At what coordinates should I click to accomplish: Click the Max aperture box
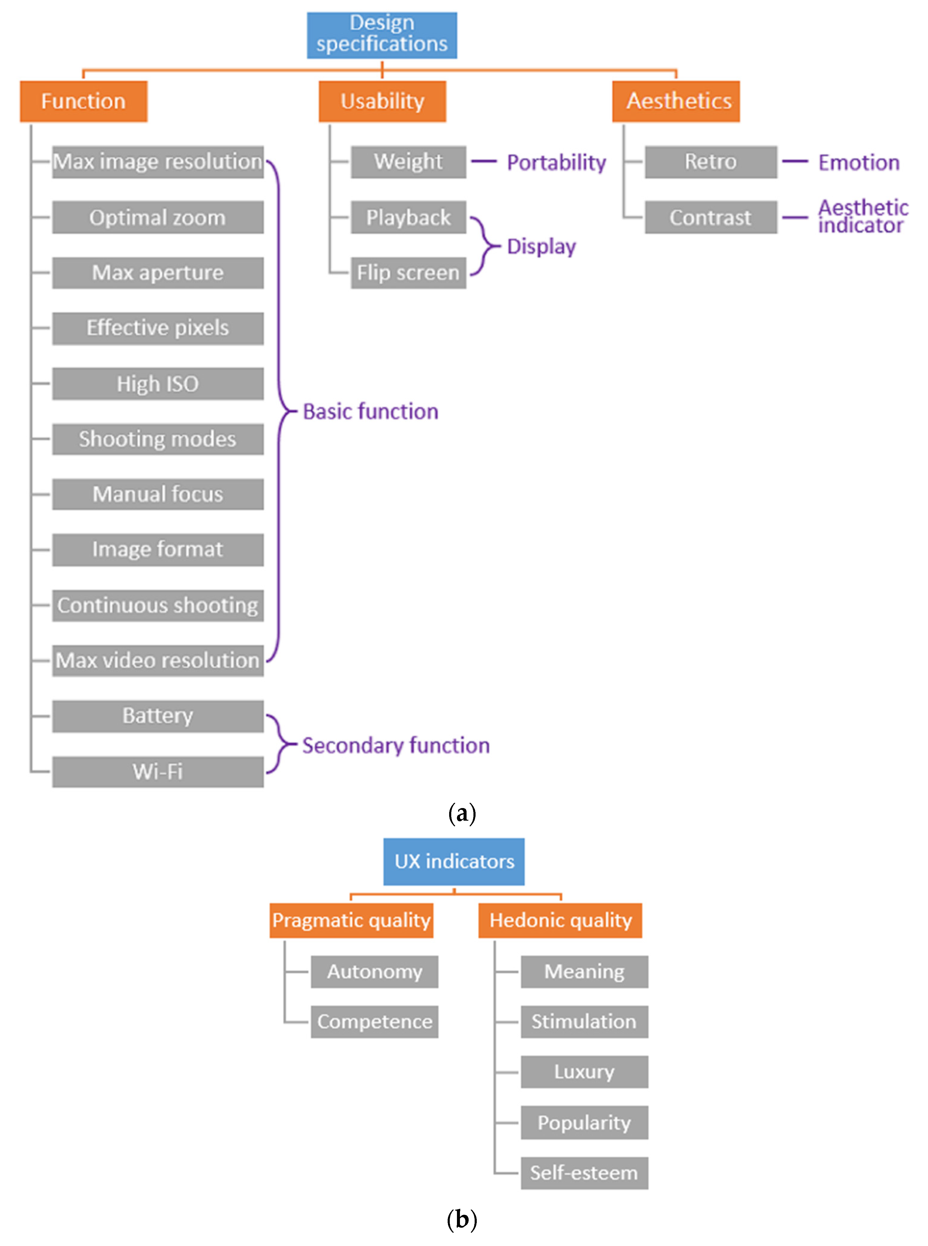[x=158, y=273]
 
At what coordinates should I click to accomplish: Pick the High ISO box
[x=158, y=384]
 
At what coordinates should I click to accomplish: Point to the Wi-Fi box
[x=158, y=772]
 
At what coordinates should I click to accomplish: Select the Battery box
[x=158, y=716]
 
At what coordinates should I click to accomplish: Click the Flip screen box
[x=408, y=273]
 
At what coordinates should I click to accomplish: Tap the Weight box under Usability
[x=408, y=162]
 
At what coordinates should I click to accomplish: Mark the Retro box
[x=710, y=162]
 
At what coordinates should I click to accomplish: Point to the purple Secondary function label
[x=396, y=745]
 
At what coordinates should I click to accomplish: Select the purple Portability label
[x=556, y=162]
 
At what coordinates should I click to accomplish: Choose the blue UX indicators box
[x=454, y=861]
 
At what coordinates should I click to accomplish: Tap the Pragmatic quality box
[x=351, y=920]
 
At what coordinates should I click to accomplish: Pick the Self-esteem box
[x=584, y=1173]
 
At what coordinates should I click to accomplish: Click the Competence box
[x=375, y=1022]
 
